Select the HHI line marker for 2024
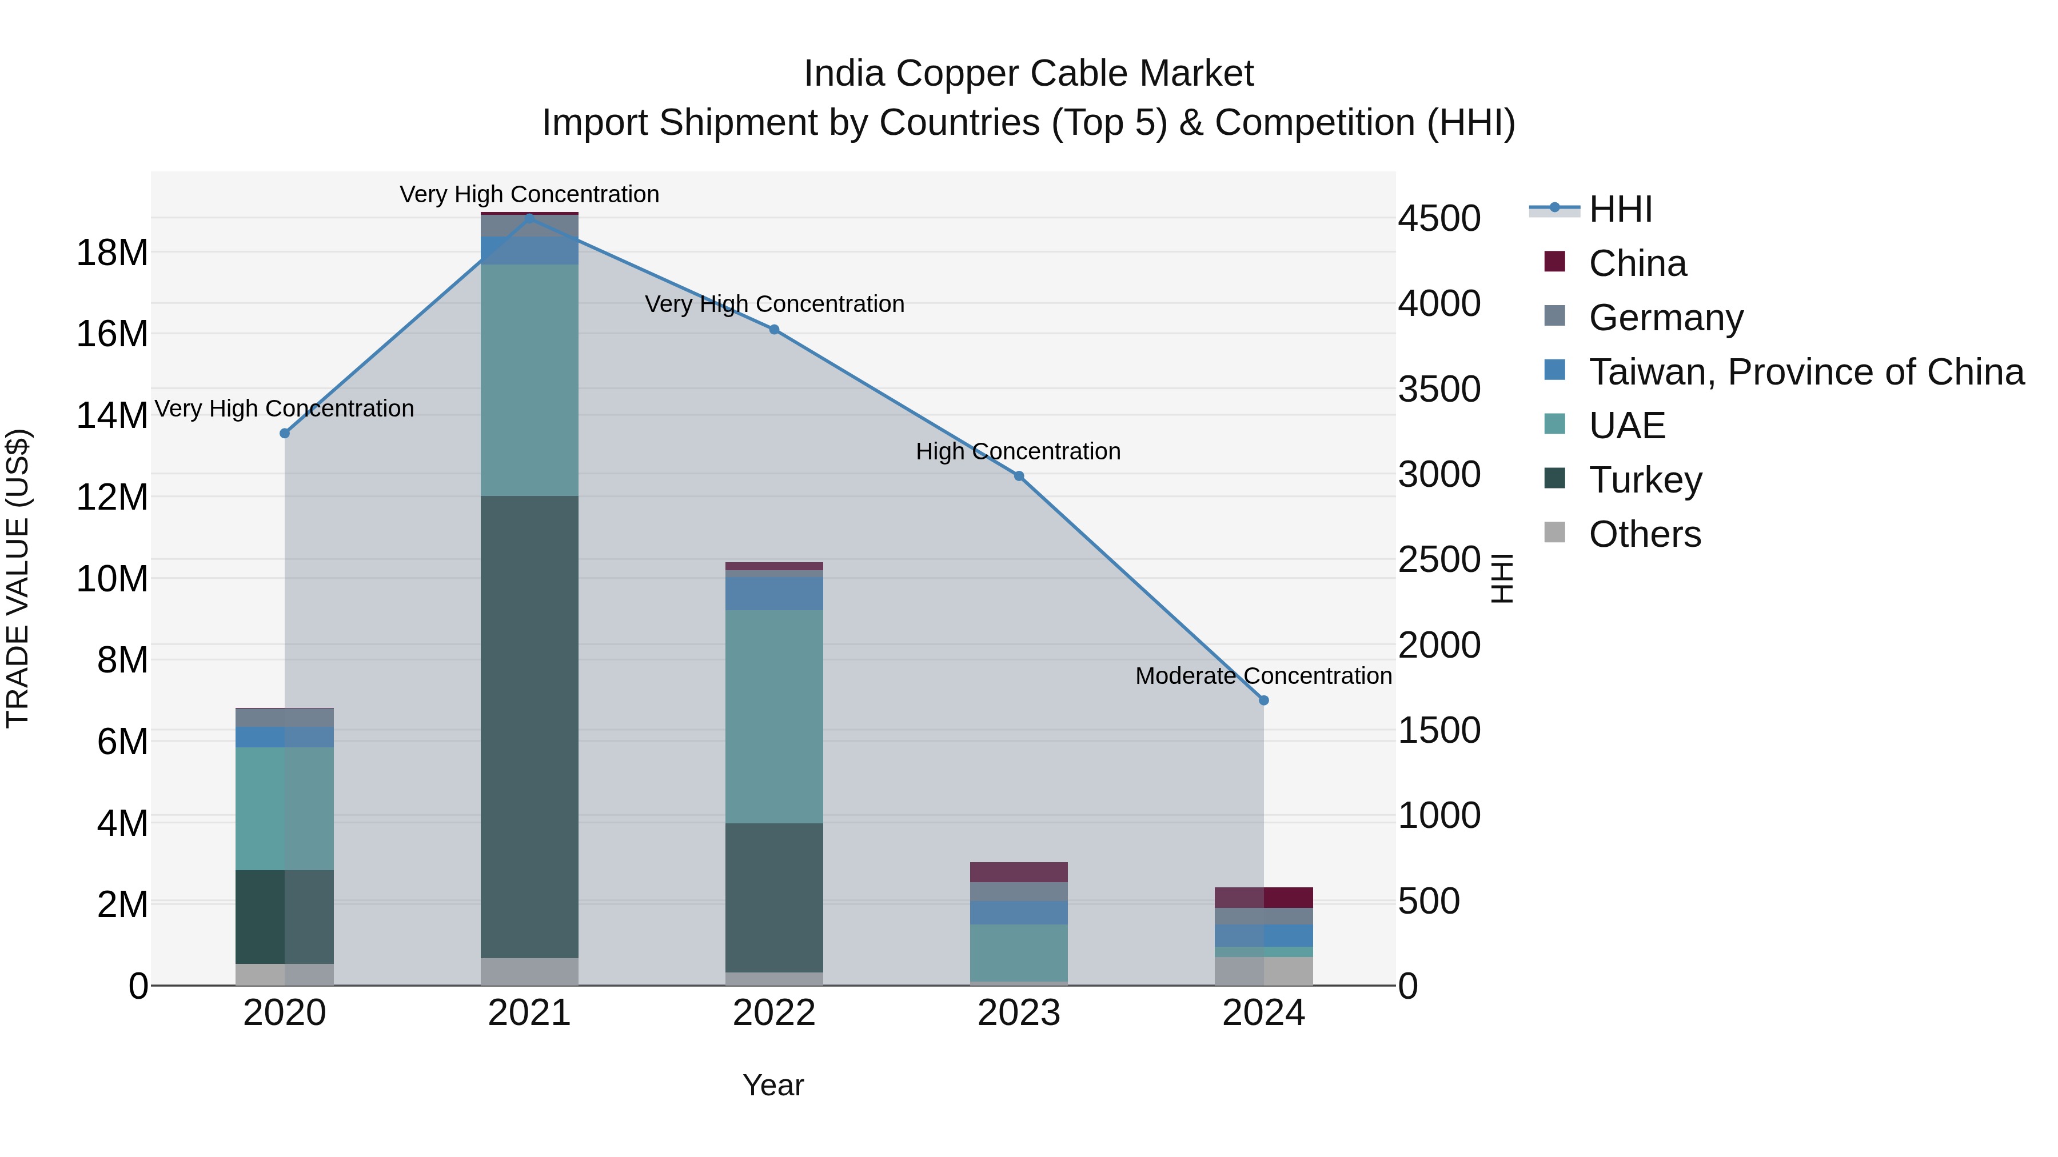pyautogui.click(x=1263, y=700)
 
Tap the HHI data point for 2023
pyautogui.click(x=1019, y=476)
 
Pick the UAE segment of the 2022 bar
pyautogui.click(x=773, y=716)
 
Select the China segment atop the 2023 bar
pyautogui.click(x=1019, y=872)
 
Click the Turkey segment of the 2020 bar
pyautogui.click(x=285, y=916)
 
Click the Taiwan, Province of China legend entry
pyautogui.click(x=1805, y=371)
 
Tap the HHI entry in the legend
pyautogui.click(x=1620, y=209)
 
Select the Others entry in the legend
pyautogui.click(x=1644, y=534)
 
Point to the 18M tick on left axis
pyautogui.click(x=112, y=253)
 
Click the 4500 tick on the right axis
pyautogui.click(x=1439, y=218)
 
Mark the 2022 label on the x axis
pyautogui.click(x=773, y=1013)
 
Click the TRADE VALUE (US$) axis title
pyautogui.click(x=18, y=578)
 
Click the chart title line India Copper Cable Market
pyautogui.click(x=1028, y=74)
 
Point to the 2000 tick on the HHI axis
pyautogui.click(x=1439, y=645)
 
